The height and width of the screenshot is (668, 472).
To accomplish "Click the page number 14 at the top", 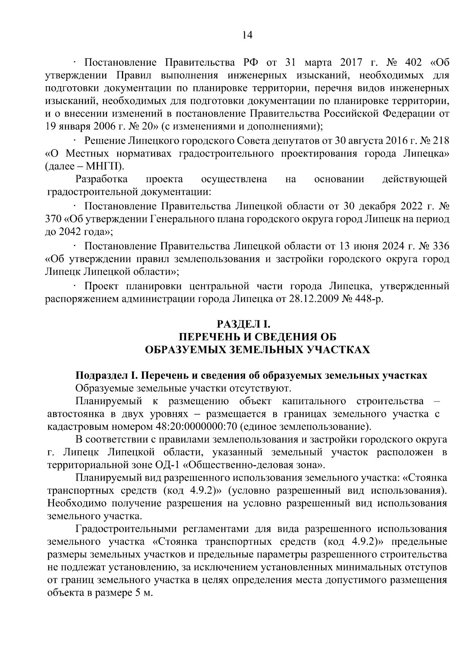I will click(247, 35).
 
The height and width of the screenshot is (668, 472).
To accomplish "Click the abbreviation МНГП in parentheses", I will click(105, 166).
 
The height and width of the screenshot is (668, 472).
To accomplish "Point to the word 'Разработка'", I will click(101, 179).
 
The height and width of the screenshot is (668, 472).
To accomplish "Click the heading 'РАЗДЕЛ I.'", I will click(243, 324).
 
